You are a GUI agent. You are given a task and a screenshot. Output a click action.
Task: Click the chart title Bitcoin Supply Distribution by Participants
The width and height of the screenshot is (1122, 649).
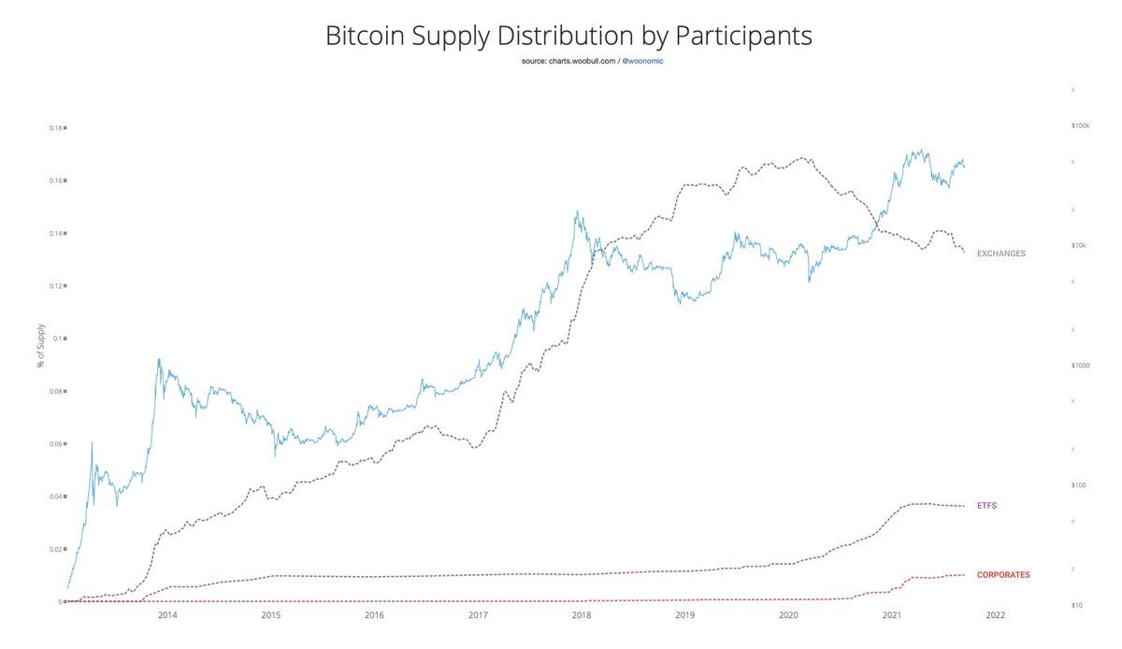point(568,36)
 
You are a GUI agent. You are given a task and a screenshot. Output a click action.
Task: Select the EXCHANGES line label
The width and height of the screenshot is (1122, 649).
point(1000,253)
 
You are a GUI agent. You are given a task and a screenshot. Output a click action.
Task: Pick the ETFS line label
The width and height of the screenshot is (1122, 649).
point(987,505)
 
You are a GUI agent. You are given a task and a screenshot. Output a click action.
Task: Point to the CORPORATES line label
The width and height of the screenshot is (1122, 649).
point(1002,574)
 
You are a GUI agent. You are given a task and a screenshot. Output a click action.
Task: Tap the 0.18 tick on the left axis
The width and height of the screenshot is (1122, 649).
point(57,127)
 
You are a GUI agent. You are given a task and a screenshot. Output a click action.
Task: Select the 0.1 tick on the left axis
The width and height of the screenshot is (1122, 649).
point(59,339)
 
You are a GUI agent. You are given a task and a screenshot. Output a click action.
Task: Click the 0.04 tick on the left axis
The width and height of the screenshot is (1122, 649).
point(57,497)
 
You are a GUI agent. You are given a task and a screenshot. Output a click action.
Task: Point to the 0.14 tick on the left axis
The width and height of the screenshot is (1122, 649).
point(57,233)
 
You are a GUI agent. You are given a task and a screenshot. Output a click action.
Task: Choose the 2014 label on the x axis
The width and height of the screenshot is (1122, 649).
point(167,615)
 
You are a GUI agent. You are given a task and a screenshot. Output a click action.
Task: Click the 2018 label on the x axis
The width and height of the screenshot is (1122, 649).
point(582,615)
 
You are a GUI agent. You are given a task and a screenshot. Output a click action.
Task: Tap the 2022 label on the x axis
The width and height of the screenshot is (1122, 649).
point(995,615)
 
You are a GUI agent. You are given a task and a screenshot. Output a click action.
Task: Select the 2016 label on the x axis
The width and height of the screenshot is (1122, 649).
point(374,615)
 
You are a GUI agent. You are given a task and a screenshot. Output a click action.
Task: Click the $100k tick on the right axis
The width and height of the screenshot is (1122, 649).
point(1080,124)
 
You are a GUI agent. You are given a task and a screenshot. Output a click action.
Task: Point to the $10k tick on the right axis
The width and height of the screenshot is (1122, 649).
point(1079,245)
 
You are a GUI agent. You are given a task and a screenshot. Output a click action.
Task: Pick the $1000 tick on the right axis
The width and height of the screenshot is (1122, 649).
point(1080,365)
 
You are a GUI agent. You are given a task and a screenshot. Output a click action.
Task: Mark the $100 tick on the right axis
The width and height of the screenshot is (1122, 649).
point(1079,484)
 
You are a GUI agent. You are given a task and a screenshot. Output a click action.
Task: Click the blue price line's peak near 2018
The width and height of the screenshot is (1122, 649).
point(577,211)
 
